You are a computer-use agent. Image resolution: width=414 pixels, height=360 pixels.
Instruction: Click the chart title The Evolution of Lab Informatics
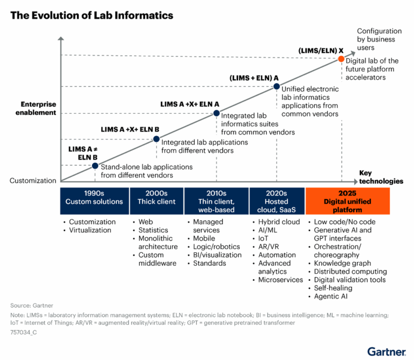92,16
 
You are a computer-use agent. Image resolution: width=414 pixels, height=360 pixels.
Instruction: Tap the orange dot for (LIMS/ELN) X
341,59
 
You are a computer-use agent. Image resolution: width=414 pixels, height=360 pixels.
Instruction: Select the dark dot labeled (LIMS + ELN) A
276,86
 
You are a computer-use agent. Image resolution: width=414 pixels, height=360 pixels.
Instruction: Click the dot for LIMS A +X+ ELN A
216,113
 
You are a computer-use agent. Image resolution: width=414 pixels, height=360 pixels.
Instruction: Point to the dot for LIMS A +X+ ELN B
156,139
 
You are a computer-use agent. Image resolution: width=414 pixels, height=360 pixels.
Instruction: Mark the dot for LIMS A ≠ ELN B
95,165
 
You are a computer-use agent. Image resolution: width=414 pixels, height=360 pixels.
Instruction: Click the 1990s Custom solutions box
94,198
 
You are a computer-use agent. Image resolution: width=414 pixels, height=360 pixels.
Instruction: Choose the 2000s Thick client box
156,198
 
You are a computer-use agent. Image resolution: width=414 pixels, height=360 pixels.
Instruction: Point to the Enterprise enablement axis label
38,108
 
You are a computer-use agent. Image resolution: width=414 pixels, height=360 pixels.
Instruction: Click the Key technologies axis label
381,177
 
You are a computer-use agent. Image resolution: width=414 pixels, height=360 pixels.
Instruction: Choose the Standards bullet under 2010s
211,263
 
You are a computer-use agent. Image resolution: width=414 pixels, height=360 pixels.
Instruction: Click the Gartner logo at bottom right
387,351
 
